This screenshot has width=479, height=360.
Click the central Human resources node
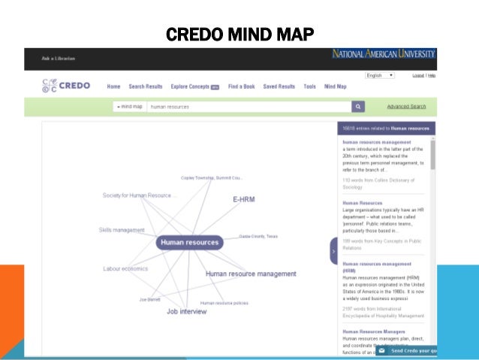(x=190, y=242)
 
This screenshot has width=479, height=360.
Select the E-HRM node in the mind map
(x=245, y=200)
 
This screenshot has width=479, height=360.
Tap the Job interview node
(x=186, y=311)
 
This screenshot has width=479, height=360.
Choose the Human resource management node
(x=251, y=274)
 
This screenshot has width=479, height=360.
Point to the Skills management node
(x=122, y=230)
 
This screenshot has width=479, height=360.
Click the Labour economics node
(x=125, y=268)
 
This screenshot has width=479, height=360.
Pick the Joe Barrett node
(x=149, y=299)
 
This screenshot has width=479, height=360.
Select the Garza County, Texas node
(x=258, y=236)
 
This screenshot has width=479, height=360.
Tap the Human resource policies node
(x=224, y=303)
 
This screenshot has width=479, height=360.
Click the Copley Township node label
(x=212, y=178)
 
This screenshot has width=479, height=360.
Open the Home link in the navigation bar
(x=113, y=86)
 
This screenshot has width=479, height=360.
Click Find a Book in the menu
(x=241, y=86)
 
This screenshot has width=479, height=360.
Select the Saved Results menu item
(x=279, y=86)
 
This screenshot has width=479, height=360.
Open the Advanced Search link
(x=406, y=107)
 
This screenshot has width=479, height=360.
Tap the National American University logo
(x=384, y=54)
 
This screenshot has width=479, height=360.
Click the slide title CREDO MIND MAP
(x=239, y=35)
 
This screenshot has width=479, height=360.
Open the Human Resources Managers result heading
(x=374, y=331)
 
